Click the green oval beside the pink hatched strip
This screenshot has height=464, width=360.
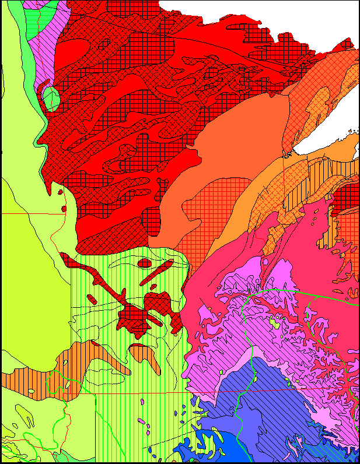51,97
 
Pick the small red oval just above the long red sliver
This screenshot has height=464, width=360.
144,263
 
